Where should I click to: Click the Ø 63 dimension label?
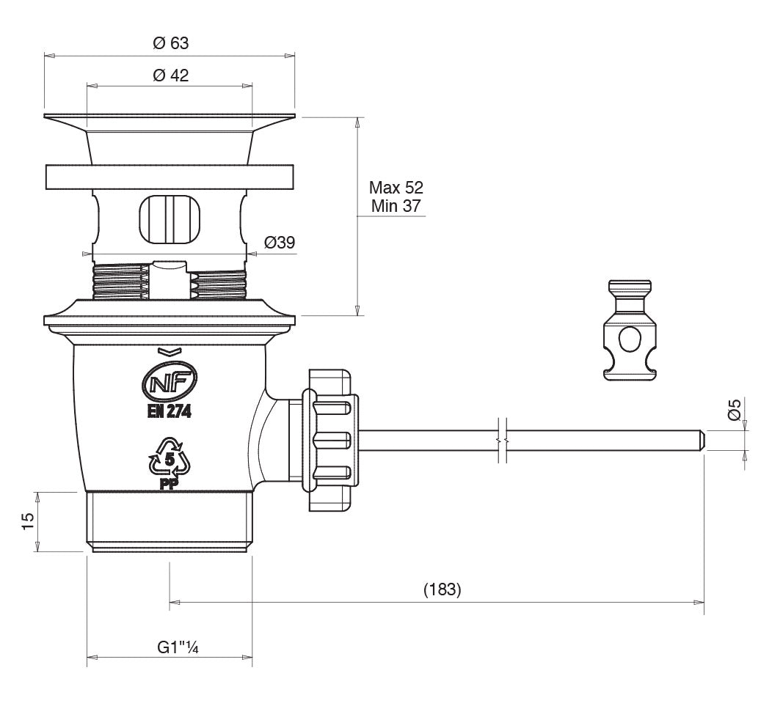(x=170, y=43)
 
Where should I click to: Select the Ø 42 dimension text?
(x=170, y=76)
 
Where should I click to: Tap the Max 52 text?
(x=396, y=187)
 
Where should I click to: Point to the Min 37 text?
(x=396, y=206)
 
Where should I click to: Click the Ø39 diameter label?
(x=279, y=243)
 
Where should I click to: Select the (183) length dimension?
(x=443, y=589)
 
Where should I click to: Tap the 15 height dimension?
(x=27, y=521)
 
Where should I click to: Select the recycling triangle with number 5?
(x=170, y=459)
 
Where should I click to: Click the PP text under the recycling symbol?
(x=170, y=484)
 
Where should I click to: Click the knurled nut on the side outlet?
(x=332, y=440)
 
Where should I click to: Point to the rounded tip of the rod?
(x=702, y=440)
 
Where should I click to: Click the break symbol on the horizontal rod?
(x=501, y=440)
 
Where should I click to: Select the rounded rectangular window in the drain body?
(x=169, y=217)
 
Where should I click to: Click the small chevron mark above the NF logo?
(x=167, y=351)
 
